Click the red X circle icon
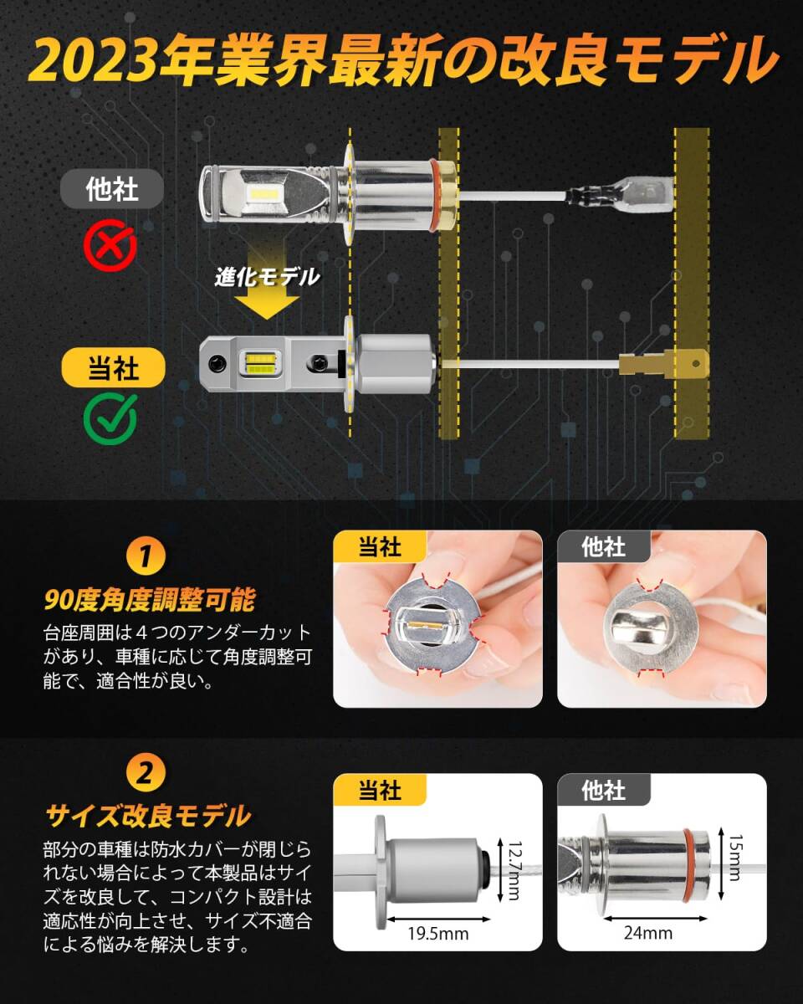pyautogui.click(x=110, y=245)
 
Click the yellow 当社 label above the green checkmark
pyautogui.click(x=114, y=367)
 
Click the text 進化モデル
pyautogui.click(x=266, y=277)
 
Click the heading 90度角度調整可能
pyautogui.click(x=149, y=599)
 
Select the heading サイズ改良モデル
pyautogui.click(x=147, y=814)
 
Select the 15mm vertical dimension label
pyautogui.click(x=734, y=858)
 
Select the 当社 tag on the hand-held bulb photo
pyautogui.click(x=380, y=547)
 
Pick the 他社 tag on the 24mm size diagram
pyautogui.click(x=603, y=790)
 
